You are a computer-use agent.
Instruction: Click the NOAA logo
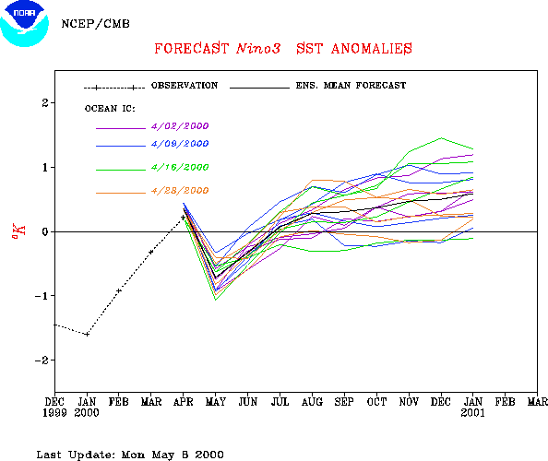[25, 23]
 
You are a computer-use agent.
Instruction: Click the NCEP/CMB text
[95, 24]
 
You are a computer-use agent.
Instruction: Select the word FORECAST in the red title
[192, 49]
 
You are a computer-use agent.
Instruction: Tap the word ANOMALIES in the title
[372, 49]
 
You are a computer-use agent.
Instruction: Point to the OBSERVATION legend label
[185, 86]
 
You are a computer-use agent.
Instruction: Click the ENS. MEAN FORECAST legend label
[351, 86]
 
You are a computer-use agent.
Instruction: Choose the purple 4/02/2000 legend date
[180, 126]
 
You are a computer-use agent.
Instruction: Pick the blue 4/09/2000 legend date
[180, 144]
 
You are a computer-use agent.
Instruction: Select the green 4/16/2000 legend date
[180, 167]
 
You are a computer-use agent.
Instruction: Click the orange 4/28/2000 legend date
[180, 191]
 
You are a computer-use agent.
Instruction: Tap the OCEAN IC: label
[110, 109]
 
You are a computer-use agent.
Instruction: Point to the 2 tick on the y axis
[45, 103]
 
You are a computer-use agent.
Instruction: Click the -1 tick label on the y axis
[42, 296]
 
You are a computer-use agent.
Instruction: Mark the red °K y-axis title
[19, 231]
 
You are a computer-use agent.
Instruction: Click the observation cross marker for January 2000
[87, 334]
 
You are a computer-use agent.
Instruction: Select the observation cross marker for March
[151, 252]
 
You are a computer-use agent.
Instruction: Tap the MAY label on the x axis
[216, 402]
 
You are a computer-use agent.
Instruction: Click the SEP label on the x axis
[344, 402]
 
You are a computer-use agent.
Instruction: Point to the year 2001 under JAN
[473, 413]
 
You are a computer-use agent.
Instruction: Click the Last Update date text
[130, 455]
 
